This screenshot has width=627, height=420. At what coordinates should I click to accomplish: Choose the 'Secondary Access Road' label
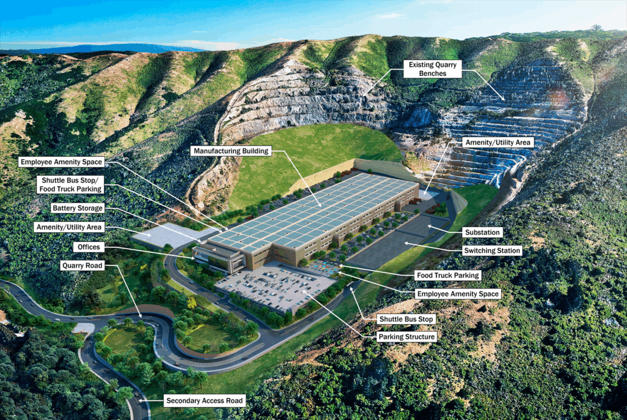tap(205, 401)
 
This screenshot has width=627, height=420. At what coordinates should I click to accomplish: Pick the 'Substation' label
tap(483, 233)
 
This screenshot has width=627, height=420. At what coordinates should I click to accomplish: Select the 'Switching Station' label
tap(492, 250)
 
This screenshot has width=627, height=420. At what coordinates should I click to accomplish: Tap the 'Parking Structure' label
tap(407, 337)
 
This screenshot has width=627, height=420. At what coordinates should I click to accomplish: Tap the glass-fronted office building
tap(214, 257)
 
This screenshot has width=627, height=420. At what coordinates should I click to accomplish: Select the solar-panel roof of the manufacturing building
tap(318, 208)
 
